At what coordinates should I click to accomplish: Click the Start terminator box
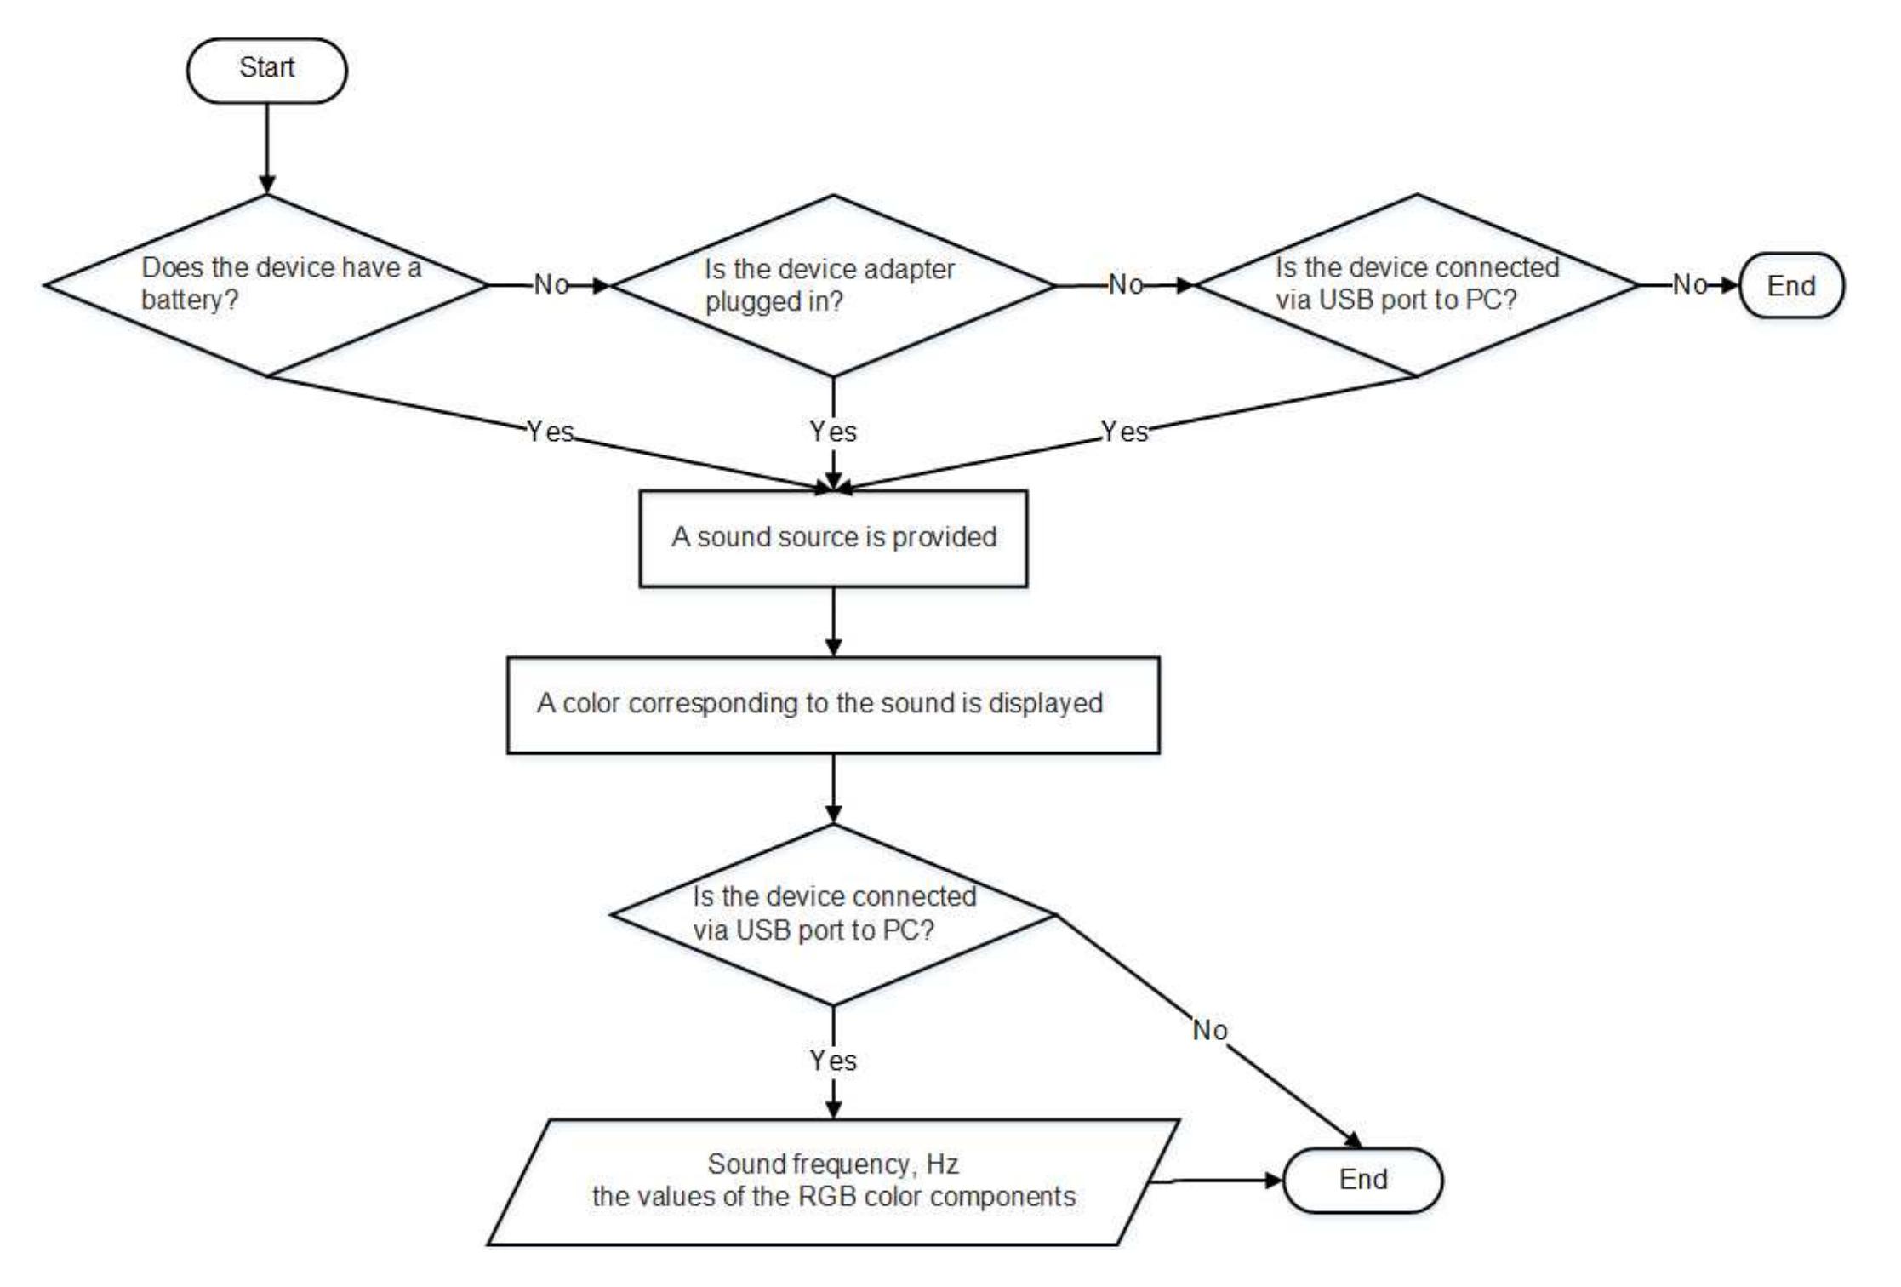coord(266,70)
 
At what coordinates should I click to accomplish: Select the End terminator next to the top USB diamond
coord(1790,286)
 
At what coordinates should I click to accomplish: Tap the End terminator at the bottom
coord(1362,1180)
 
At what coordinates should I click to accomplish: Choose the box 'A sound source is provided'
coord(832,538)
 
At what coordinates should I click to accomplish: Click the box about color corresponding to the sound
coord(832,704)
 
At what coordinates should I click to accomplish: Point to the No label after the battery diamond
coord(551,285)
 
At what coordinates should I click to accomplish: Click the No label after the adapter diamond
coord(1125,285)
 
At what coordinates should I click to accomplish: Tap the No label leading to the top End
coord(1689,285)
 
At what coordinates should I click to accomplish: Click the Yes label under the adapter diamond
coord(832,432)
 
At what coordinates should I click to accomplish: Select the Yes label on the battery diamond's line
coord(550,432)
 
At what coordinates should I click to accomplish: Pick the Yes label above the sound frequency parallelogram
coord(832,1061)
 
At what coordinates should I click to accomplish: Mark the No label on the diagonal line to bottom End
coord(1209,1031)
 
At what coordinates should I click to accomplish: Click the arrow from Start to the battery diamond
coord(266,149)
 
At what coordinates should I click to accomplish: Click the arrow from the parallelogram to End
coord(1217,1180)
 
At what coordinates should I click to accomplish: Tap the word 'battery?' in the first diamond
coord(189,300)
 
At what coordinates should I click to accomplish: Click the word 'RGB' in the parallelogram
coord(818,1197)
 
